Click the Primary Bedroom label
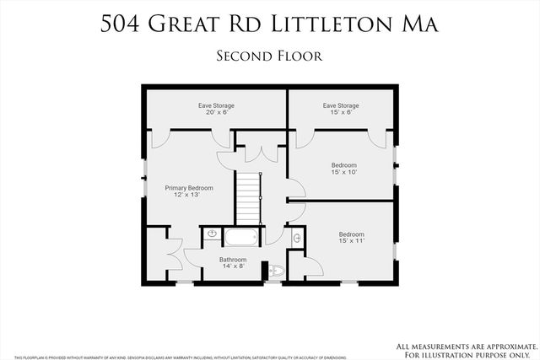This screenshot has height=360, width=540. click(x=188, y=188)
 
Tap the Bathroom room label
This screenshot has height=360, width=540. click(x=233, y=259)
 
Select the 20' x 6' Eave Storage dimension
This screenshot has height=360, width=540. click(x=217, y=112)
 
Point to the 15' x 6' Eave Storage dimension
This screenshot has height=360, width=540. click(x=341, y=112)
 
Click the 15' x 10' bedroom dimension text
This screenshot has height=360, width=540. click(x=343, y=172)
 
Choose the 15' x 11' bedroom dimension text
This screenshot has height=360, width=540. click(x=351, y=241)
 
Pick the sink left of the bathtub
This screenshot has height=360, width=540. click(x=211, y=234)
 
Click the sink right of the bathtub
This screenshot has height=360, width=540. click(x=296, y=239)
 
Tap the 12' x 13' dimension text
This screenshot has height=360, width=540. click(x=188, y=196)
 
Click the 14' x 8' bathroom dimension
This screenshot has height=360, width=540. click(x=233, y=266)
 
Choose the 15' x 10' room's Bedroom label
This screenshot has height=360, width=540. click(x=343, y=165)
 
